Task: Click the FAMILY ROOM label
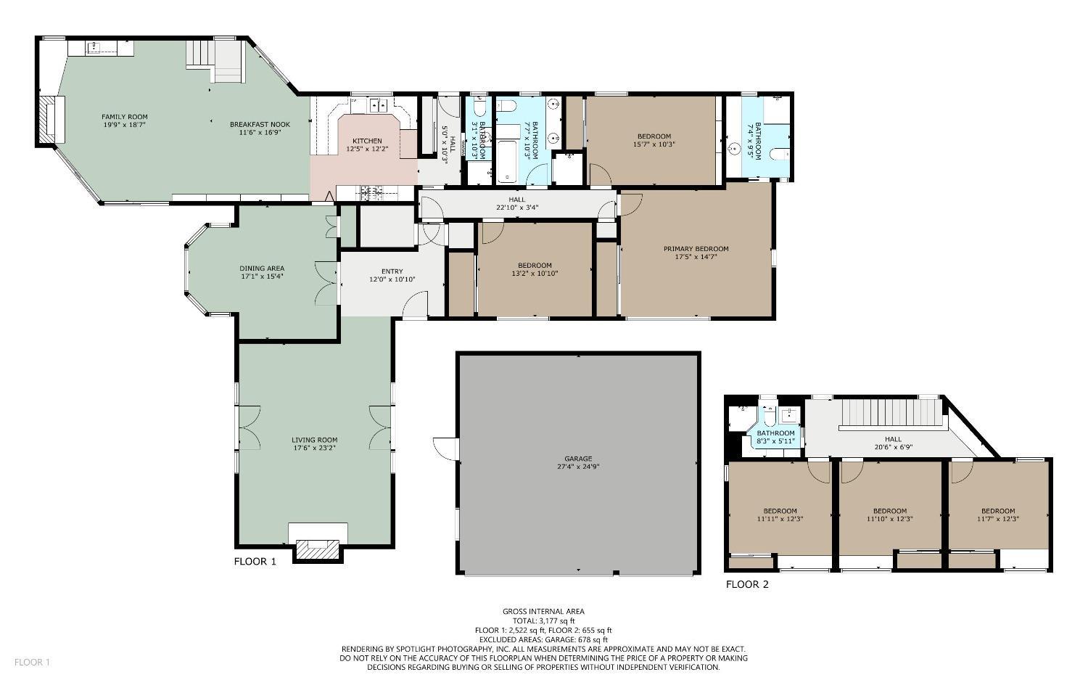124,117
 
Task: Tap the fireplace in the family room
51,120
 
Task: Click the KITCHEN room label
367,141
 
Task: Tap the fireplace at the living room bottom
317,549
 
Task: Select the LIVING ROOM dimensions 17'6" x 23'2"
314,448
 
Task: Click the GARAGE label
578,459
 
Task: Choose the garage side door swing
444,448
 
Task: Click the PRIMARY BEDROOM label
696,248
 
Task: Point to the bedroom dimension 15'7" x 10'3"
654,144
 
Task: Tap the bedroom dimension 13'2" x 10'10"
535,274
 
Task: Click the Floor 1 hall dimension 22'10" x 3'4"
516,208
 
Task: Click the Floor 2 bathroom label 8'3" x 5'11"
775,441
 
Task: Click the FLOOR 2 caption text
746,584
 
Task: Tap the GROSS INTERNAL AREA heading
543,612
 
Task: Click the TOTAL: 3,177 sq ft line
543,621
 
